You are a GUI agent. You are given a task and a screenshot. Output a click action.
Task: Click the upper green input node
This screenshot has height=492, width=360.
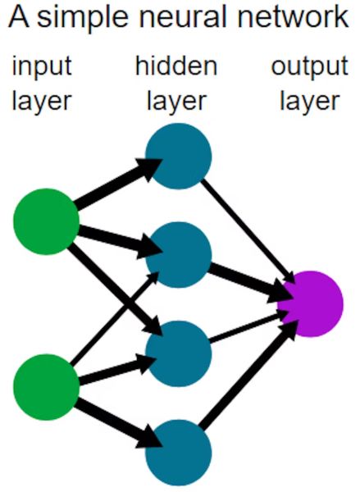pyautogui.click(x=46, y=221)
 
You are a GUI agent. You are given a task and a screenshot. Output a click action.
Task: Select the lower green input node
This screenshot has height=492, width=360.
pyautogui.click(x=46, y=387)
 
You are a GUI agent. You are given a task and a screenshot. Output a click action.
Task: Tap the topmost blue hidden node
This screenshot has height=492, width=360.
pyautogui.click(x=179, y=156)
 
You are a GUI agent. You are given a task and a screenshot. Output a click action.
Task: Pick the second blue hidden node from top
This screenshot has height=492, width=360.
pyautogui.click(x=179, y=254)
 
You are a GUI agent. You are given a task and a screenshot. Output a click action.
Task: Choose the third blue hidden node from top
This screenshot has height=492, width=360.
pyautogui.click(x=179, y=353)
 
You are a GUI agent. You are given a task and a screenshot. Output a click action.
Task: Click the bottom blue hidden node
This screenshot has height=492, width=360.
pyautogui.click(x=179, y=453)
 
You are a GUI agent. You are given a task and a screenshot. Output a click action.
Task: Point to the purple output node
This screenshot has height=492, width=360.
pyautogui.click(x=310, y=303)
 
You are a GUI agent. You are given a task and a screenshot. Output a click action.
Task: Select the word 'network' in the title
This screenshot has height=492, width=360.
pyautogui.click(x=293, y=17)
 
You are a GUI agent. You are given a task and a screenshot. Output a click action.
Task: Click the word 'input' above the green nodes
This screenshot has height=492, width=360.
pyautogui.click(x=42, y=66)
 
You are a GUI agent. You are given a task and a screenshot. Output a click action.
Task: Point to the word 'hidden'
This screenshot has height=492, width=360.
pyautogui.click(x=176, y=66)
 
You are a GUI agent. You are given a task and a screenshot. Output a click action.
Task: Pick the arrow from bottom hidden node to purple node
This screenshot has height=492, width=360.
pyautogui.click(x=248, y=376)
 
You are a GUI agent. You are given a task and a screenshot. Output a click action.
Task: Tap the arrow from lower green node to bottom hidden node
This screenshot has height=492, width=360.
pyautogui.click(x=119, y=424)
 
